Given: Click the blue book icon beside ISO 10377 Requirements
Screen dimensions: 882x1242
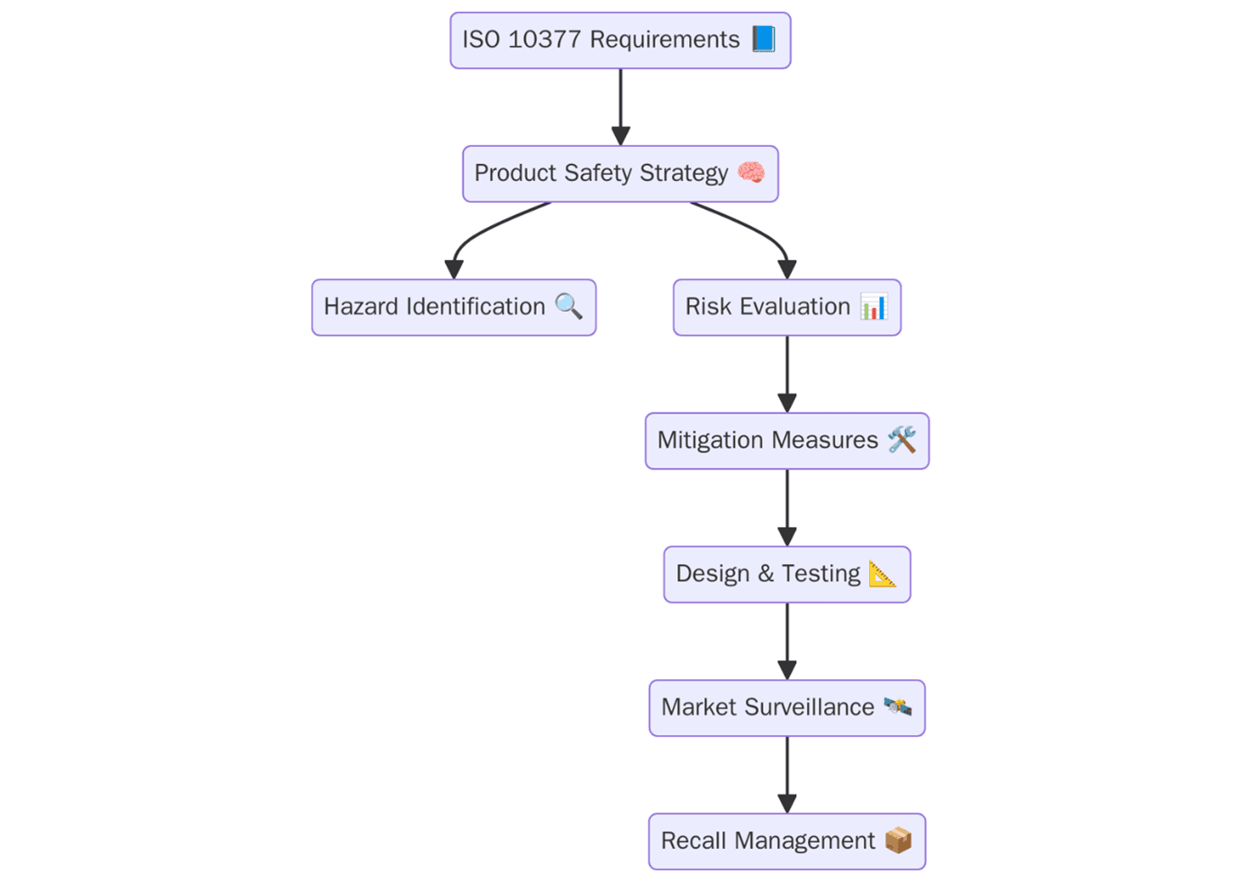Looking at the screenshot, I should tap(763, 39).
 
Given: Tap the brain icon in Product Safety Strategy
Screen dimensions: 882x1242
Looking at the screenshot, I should tap(751, 172).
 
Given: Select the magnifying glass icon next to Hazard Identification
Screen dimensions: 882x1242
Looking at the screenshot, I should tap(568, 306).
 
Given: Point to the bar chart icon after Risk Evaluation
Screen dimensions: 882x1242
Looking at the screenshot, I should tap(874, 306).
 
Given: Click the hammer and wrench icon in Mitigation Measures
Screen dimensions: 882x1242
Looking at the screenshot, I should tap(902, 440).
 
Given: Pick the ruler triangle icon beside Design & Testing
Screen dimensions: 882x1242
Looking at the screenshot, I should tap(883, 573).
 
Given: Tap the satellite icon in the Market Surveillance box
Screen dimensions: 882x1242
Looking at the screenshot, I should tap(897, 706).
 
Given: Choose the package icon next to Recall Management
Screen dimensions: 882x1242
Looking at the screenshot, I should tap(898, 840).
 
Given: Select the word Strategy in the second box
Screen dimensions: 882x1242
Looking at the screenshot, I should tap(684, 173).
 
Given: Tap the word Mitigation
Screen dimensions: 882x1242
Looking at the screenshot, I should tap(711, 440).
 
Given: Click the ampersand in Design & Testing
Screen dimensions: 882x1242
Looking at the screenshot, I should tap(766, 574).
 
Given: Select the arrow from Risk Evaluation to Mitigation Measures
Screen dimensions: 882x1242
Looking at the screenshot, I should tap(787, 374).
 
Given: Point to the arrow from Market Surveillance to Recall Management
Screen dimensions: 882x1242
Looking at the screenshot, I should tap(787, 774).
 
